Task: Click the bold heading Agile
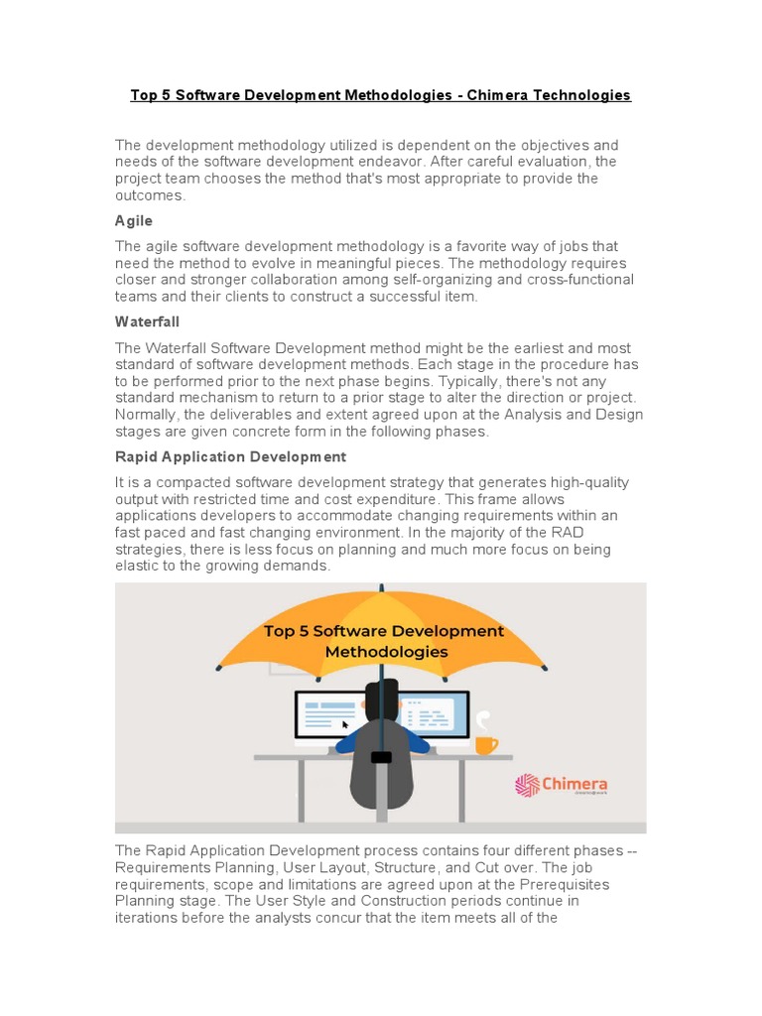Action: [134, 221]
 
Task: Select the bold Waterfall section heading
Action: [147, 322]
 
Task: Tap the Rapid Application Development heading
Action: [230, 456]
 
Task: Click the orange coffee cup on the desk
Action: [485, 743]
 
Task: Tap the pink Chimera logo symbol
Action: [527, 786]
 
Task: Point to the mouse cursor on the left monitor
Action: [345, 724]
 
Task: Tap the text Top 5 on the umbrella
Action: [287, 631]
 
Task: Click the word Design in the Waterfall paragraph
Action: [619, 415]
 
